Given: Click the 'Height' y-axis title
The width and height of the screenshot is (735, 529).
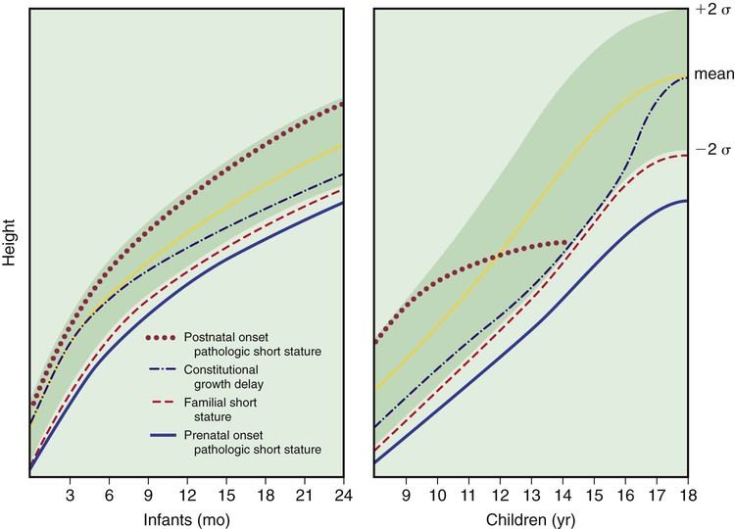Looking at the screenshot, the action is tap(10, 243).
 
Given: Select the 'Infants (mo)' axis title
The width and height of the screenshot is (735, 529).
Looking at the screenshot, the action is tap(186, 519).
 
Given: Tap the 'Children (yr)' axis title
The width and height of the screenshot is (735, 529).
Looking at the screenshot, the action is tap(530, 519).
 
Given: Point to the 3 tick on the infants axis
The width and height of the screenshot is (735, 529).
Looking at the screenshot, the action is tap(70, 496).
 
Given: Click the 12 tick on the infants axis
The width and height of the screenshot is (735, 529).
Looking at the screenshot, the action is tap(187, 496).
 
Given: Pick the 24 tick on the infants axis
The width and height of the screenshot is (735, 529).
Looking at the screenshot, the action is tap(344, 496).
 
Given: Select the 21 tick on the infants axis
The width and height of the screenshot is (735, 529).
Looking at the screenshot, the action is tap(304, 496).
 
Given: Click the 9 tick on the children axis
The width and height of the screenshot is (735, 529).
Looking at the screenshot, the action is tap(406, 496).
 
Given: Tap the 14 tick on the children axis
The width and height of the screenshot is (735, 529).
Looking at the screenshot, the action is tap(563, 496).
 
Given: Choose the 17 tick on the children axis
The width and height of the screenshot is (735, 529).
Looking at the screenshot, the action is tap(657, 496).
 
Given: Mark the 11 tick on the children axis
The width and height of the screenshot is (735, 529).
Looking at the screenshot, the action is tap(468, 496).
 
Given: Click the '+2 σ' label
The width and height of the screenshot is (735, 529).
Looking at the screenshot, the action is tap(713, 10).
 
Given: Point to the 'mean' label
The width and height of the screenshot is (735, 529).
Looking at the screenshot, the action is tap(713, 74).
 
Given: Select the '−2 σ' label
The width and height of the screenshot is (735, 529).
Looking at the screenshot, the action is tap(713, 150).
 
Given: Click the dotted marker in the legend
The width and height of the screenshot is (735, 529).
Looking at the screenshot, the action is tap(161, 337).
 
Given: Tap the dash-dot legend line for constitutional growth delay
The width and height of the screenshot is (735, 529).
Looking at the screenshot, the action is tap(163, 369).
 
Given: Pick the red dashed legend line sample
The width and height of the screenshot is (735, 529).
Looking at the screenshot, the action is tap(163, 403).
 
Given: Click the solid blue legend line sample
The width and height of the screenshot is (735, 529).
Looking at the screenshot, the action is tap(163, 435).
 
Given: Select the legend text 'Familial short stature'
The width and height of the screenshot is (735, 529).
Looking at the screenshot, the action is tap(220, 409).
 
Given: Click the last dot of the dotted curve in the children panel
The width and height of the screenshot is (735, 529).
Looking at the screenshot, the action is tap(564, 243).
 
